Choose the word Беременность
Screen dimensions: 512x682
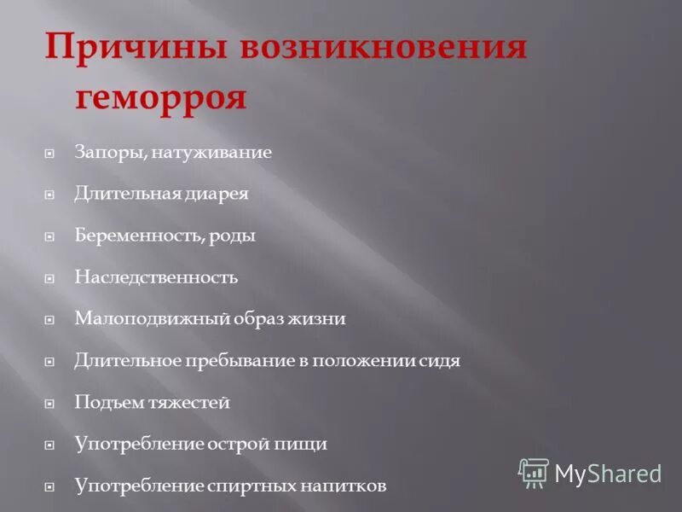136,236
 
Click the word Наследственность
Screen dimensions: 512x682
156,277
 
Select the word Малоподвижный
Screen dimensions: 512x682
142,319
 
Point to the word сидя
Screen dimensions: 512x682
440,361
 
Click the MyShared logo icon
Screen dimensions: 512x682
534,473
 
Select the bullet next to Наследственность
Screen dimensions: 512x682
49,278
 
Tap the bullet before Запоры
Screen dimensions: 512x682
49,154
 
